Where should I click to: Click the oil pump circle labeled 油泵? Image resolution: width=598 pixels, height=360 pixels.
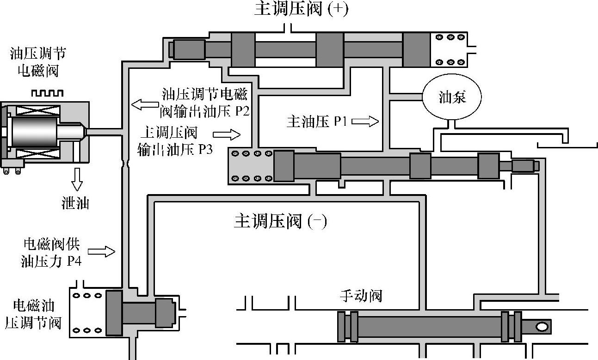pyautogui.click(x=452, y=98)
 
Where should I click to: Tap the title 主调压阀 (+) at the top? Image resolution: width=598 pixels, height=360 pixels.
pyautogui.click(x=301, y=10)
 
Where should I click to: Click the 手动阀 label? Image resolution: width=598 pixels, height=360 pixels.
pyautogui.click(x=361, y=296)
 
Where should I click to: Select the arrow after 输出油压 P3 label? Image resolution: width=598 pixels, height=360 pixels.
pyautogui.click(x=227, y=135)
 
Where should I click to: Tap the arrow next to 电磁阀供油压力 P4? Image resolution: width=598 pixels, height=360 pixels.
pyautogui.click(x=101, y=252)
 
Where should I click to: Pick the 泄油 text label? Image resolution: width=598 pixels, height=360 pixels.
pyautogui.click(x=75, y=203)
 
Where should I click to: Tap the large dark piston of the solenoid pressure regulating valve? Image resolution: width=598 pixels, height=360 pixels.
pyautogui.click(x=114, y=312)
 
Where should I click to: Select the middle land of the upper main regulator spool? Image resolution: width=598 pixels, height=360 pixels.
pyautogui.click(x=330, y=49)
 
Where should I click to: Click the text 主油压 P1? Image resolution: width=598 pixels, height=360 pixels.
pyautogui.click(x=317, y=122)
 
